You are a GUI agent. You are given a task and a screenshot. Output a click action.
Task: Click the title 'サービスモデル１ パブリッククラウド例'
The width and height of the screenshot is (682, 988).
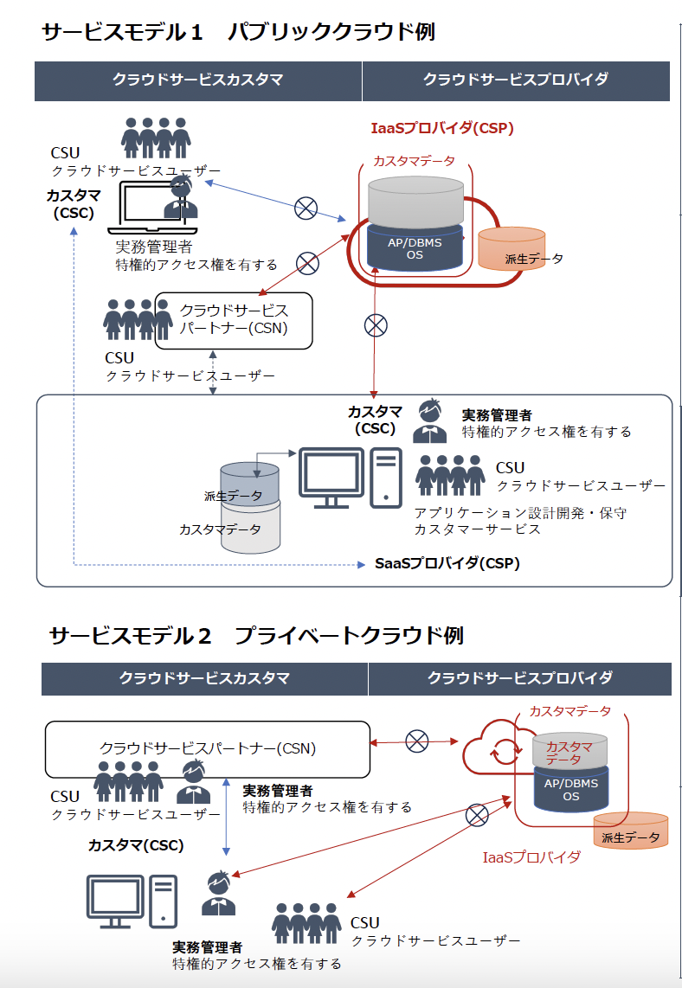click(x=238, y=33)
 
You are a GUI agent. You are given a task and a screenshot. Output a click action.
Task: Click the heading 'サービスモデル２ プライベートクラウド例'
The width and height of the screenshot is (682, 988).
click(x=256, y=636)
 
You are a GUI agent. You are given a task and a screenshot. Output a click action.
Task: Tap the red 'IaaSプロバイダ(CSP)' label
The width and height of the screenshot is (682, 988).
click(x=441, y=128)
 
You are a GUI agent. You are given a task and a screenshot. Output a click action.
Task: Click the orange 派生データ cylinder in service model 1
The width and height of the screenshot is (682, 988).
click(x=511, y=249)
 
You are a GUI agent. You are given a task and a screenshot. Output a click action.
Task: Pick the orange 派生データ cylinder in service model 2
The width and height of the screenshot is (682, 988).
click(x=630, y=831)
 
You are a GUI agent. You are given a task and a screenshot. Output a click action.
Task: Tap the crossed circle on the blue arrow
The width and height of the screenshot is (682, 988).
click(x=306, y=208)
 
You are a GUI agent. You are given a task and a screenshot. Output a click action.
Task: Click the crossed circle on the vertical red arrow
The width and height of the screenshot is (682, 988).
click(x=375, y=325)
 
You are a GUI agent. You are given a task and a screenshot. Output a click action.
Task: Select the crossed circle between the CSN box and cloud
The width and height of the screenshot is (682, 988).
click(x=417, y=741)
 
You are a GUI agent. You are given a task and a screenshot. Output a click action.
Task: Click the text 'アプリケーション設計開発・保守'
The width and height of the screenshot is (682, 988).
click(x=520, y=513)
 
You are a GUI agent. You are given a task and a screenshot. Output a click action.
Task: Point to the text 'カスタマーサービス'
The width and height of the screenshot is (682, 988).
click(x=477, y=529)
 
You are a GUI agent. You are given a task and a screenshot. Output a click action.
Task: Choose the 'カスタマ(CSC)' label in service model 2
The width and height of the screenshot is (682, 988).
click(x=136, y=845)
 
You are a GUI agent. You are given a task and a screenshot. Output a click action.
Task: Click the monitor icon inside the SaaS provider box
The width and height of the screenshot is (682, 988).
click(x=331, y=478)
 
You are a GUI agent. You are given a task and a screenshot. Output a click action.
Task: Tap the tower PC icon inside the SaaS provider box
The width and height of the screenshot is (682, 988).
click(x=385, y=477)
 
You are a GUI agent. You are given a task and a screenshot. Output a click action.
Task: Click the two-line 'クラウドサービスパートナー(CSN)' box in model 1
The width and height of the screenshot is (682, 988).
click(x=233, y=321)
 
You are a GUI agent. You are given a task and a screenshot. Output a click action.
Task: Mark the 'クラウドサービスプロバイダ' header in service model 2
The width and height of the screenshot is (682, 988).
click(x=519, y=678)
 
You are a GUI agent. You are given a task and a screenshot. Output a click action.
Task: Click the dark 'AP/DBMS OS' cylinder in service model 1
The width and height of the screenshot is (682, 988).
click(x=414, y=247)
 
